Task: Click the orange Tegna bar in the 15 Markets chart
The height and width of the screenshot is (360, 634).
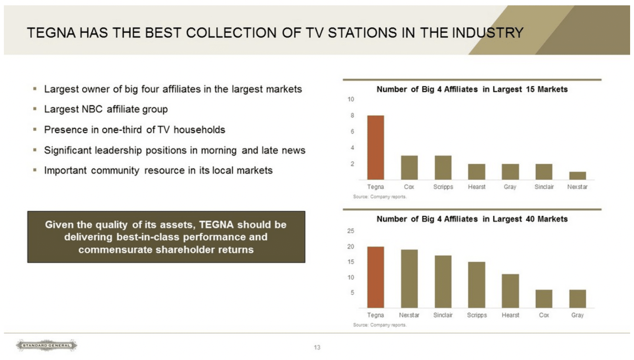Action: coord(375,147)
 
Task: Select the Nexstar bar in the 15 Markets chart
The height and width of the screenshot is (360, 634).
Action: coord(577,176)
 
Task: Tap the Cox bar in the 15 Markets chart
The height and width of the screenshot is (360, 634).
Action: coord(409,168)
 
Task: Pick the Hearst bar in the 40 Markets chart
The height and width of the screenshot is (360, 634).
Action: coord(510,291)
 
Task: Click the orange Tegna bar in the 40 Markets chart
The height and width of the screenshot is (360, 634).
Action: coord(375,277)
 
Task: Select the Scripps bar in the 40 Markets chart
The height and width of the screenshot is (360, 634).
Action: coord(476,285)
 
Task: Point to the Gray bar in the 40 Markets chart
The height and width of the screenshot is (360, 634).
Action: coord(577,299)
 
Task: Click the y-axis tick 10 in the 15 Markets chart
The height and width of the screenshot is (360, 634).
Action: coord(351,99)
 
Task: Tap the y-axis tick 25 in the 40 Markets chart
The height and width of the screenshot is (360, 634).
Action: coord(351,231)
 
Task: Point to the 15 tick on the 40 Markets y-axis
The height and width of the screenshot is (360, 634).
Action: coord(351,262)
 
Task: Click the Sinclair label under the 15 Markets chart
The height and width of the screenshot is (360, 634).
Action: coord(544,187)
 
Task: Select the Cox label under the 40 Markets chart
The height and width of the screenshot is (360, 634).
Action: coord(544,315)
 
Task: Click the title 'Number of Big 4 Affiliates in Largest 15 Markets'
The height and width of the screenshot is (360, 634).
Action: coord(472,89)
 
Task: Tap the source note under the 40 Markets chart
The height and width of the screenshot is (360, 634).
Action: coord(380,325)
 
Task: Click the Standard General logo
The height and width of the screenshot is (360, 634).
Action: coord(46,345)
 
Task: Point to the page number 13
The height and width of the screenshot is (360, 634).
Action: coord(317,347)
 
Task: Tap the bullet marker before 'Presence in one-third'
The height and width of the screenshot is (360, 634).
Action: coord(35,130)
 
